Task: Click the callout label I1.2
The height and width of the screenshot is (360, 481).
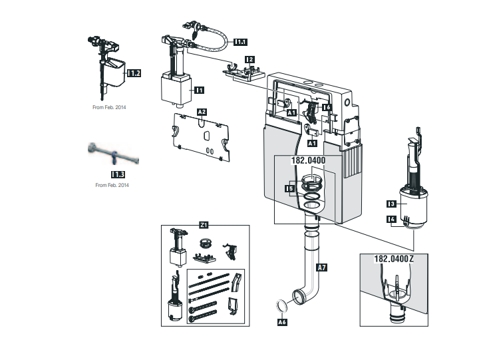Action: [134, 73]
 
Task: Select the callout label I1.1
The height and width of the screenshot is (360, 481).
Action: [241, 41]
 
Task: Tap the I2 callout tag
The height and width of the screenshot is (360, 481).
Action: [249, 59]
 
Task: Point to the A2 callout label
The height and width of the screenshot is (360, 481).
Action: [202, 112]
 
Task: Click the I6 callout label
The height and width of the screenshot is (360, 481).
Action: [327, 106]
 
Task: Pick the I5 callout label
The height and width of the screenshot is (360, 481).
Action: [289, 189]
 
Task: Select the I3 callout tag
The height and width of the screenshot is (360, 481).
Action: [392, 204]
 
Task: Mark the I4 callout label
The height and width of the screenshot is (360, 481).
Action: [392, 219]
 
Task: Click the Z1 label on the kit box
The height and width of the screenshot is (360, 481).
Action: [205, 226]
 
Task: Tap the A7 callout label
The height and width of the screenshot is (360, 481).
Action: [322, 268]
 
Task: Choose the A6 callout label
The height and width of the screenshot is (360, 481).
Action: [282, 322]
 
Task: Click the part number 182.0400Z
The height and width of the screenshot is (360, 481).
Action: [394, 259]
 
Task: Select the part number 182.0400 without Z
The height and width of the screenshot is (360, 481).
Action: [309, 160]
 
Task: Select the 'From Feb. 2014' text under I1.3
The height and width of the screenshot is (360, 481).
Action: [112, 185]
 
